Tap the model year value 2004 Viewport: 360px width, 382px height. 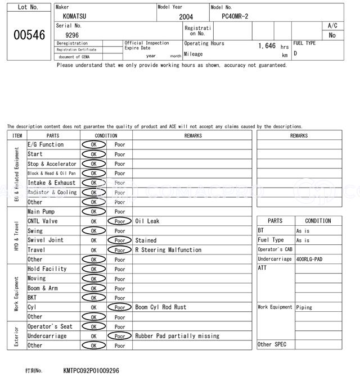[186, 17]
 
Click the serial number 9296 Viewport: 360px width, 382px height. [72, 35]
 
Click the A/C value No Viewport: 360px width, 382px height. [332, 35]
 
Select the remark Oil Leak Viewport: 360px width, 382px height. [147, 221]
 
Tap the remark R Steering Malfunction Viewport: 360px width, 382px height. [168, 250]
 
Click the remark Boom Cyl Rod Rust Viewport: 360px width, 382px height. [160, 307]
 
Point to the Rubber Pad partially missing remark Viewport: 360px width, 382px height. [177, 336]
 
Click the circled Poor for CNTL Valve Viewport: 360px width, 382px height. [119, 221]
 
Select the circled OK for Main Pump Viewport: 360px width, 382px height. [93, 212]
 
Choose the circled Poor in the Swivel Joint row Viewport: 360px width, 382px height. [119, 240]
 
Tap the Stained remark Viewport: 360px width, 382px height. [146, 240]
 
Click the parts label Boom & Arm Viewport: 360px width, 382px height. [42, 288]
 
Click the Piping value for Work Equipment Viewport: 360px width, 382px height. [304, 307]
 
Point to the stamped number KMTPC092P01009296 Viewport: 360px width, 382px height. [91, 371]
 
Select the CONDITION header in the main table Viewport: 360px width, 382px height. [106, 135]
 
